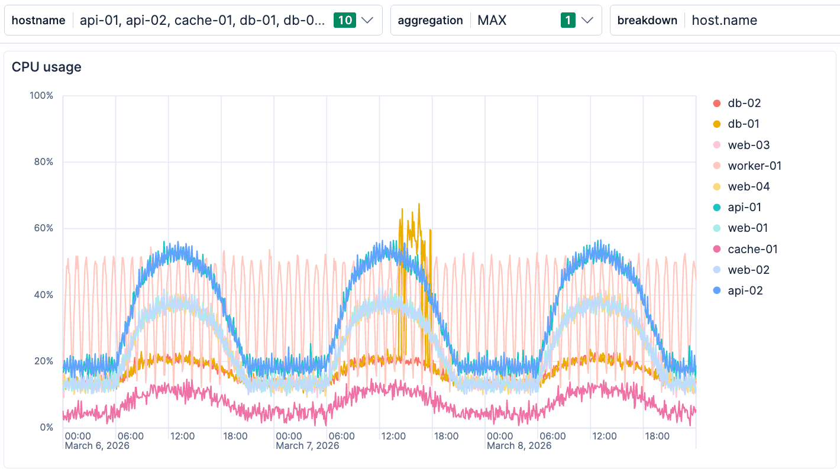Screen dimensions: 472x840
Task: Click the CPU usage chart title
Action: point(47,67)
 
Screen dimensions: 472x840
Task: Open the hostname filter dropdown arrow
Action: point(367,20)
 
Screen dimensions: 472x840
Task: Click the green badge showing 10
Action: point(344,20)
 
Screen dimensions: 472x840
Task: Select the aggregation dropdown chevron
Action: point(587,20)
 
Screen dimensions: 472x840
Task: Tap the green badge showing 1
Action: point(568,20)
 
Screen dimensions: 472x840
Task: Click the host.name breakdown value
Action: point(724,20)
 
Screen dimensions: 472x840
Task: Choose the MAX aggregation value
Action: point(492,20)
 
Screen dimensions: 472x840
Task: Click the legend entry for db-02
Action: point(744,103)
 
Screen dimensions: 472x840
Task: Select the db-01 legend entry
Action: point(744,124)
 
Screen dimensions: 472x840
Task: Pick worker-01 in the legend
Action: point(754,166)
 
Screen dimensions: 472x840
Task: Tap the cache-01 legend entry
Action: point(752,249)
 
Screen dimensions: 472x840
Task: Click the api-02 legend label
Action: point(745,290)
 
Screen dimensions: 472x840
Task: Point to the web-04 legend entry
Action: point(748,186)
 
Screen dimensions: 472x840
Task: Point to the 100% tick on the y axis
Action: point(41,95)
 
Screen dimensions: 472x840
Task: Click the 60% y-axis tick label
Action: point(43,228)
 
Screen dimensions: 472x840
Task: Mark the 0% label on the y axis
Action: point(46,427)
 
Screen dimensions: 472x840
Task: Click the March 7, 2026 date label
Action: point(308,445)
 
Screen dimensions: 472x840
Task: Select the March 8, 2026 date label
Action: point(519,445)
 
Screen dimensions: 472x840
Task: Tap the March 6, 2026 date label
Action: point(96,445)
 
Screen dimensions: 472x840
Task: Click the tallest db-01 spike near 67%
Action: point(419,205)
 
